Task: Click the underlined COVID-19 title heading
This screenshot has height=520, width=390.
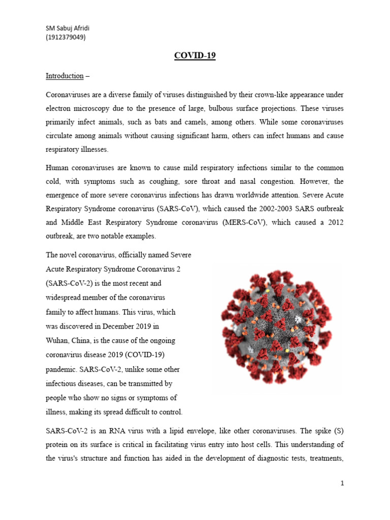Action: point(195,56)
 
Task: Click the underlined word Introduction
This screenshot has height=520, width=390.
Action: point(64,76)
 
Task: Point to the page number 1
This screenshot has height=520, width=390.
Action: point(343,483)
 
